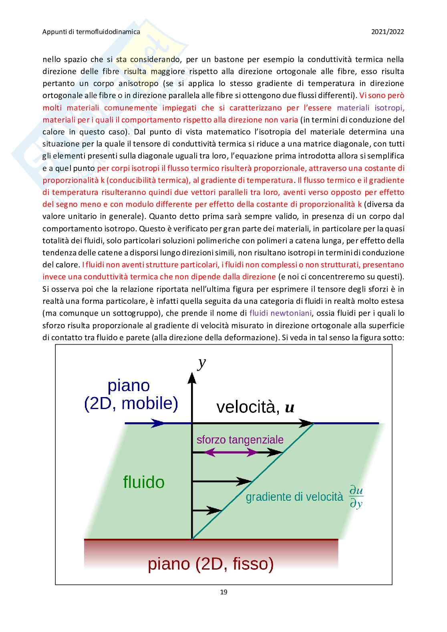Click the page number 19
coord(223,592)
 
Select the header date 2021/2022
coord(387,32)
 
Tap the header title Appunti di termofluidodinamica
coord(91,32)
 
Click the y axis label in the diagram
coord(201,363)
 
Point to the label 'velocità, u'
coord(255,407)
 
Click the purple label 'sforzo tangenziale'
coord(240,439)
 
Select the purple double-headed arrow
coord(231,453)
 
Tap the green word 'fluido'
coord(144,482)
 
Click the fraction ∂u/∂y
coord(356,497)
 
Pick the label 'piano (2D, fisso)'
coord(211,564)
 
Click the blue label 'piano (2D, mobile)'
coord(131,395)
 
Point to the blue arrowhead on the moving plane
coord(158,423)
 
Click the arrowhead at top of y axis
coord(192,377)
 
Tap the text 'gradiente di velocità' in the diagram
coord(294,497)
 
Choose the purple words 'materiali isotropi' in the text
coord(370,108)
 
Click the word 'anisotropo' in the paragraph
coord(138,84)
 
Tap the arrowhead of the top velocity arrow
coord(306,423)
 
